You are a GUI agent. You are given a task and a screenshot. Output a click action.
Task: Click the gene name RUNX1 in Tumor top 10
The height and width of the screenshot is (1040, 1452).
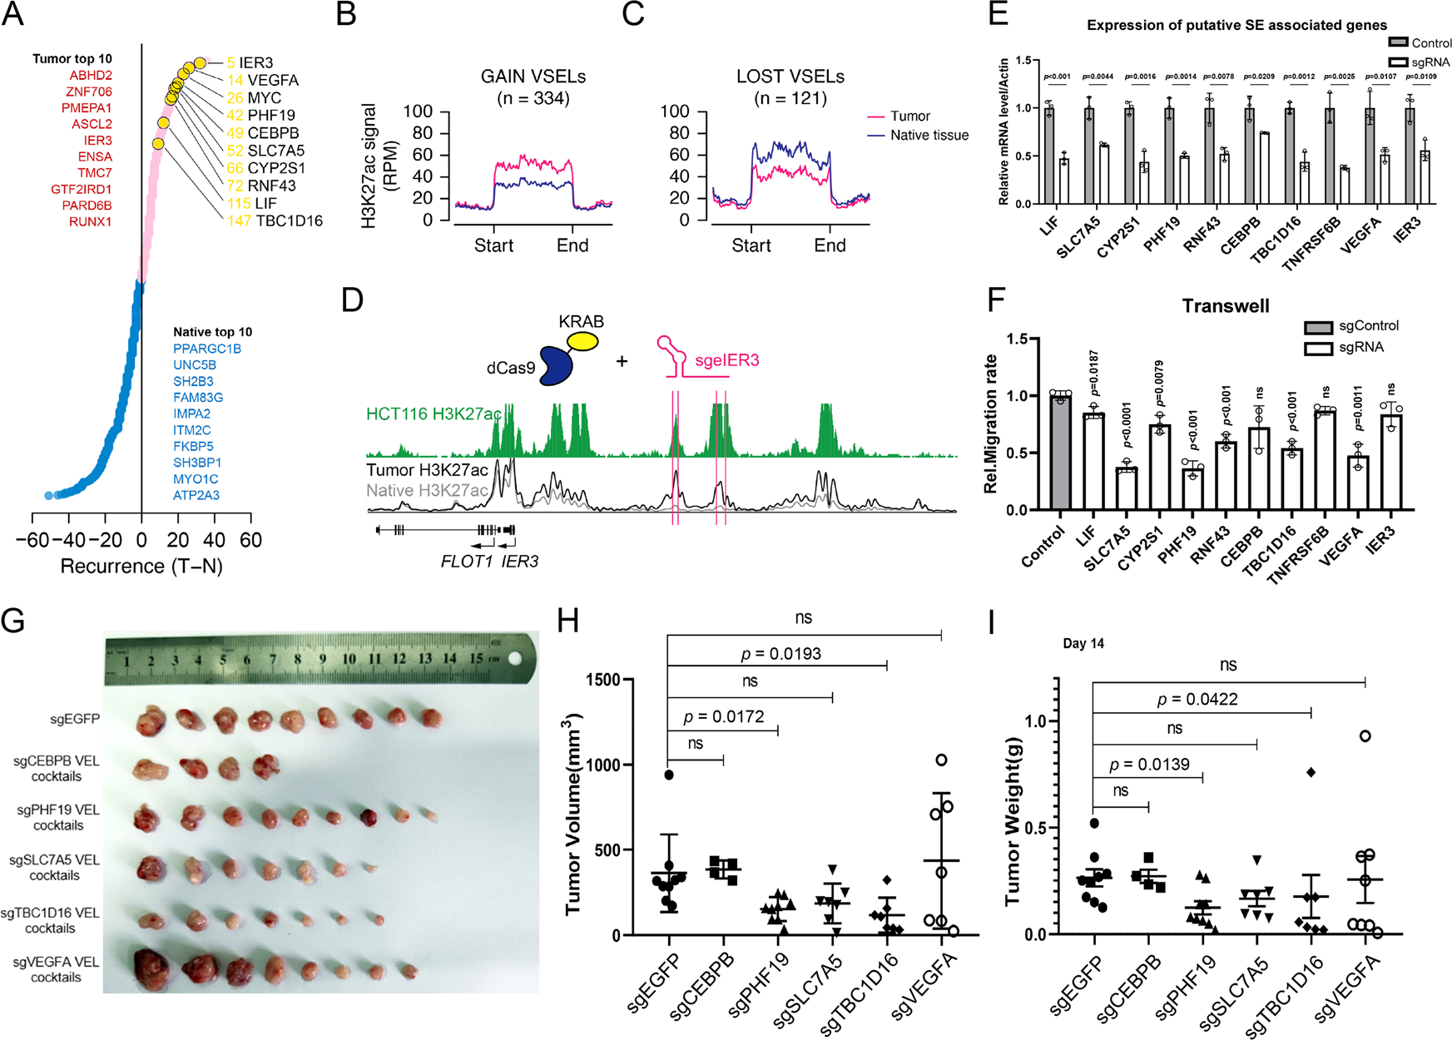[90, 221]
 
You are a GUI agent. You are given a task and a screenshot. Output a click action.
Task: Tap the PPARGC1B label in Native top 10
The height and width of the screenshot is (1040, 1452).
[207, 349]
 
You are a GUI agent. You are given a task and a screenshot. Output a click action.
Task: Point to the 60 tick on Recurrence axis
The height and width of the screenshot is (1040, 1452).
[250, 540]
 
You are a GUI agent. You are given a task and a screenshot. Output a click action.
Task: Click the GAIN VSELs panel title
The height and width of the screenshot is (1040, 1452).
[533, 77]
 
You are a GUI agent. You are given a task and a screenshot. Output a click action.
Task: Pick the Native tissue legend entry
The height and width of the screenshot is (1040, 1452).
[929, 135]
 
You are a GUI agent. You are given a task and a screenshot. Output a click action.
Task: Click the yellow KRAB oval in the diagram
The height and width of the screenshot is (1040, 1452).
[582, 341]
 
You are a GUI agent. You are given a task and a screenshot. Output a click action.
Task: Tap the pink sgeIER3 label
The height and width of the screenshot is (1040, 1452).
[726, 360]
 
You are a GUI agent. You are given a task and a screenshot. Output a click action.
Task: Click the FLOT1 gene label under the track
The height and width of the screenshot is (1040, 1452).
[467, 562]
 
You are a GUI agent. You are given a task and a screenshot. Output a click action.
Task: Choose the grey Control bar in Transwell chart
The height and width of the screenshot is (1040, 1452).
[1060, 453]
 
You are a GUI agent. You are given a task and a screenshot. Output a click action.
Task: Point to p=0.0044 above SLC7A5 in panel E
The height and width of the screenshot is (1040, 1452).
[1098, 77]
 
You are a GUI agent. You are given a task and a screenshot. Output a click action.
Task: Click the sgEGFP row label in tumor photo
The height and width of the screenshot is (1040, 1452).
[75, 719]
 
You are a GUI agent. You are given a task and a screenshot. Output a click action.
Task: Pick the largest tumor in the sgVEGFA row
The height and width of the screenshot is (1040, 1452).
[153, 969]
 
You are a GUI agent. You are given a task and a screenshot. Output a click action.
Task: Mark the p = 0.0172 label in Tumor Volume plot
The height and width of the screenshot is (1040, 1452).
[723, 716]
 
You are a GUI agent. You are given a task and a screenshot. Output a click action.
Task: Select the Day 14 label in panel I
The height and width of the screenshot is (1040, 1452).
[1083, 643]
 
